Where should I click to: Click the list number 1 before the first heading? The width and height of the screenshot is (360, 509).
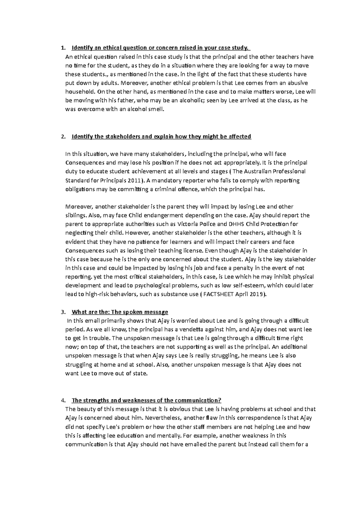point(62,48)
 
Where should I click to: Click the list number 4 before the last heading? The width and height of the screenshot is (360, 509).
point(62,400)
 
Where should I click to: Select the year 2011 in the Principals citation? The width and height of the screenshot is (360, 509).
point(134,180)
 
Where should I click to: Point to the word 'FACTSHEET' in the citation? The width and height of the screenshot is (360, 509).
point(217,294)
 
